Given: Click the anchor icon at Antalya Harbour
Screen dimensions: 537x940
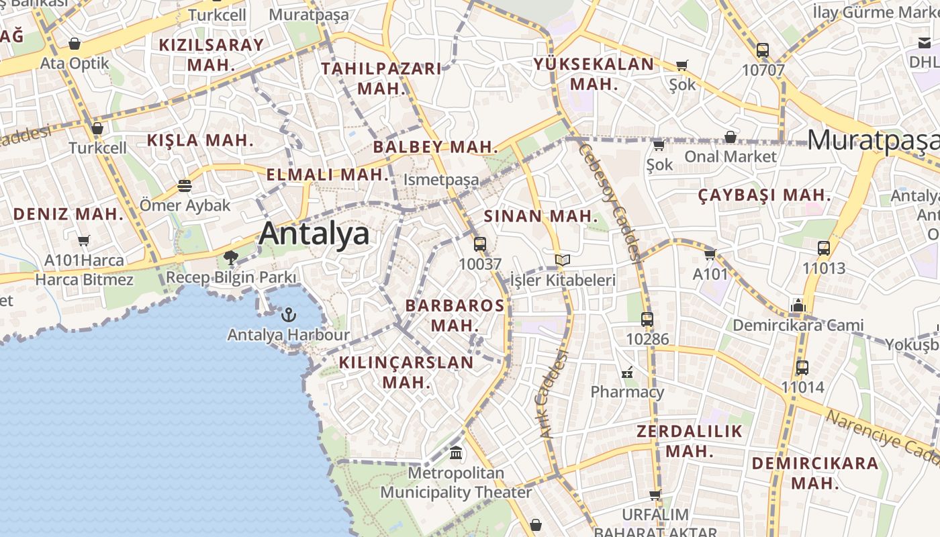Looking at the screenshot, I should click(288, 314).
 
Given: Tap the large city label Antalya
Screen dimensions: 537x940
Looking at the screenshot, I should click(314, 234).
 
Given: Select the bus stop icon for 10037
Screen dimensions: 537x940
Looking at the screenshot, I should click(479, 244).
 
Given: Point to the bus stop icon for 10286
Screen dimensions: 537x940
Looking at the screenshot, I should click(647, 320).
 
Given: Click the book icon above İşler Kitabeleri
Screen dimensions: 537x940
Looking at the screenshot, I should click(563, 260).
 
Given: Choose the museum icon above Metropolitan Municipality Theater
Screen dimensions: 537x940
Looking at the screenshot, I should click(457, 453).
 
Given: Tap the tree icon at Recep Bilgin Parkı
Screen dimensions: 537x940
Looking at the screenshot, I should click(231, 257).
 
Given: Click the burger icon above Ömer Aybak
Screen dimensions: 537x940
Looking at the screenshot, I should click(185, 186).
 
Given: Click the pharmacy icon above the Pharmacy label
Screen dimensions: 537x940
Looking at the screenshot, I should click(627, 372).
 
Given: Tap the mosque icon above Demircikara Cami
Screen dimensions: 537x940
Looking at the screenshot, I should click(798, 306).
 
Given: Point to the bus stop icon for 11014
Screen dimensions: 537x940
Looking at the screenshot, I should click(802, 368).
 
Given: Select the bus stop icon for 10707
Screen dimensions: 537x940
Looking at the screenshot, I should click(763, 50).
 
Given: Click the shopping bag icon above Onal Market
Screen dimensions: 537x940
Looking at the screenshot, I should click(731, 138).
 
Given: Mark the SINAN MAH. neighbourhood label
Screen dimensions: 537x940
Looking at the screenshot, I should click(540, 216).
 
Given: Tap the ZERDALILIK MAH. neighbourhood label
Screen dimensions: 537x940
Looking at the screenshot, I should click(690, 441).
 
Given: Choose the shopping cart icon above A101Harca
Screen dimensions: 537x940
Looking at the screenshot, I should click(84, 240).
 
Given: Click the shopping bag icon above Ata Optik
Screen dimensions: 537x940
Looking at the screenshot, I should click(75, 44).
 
